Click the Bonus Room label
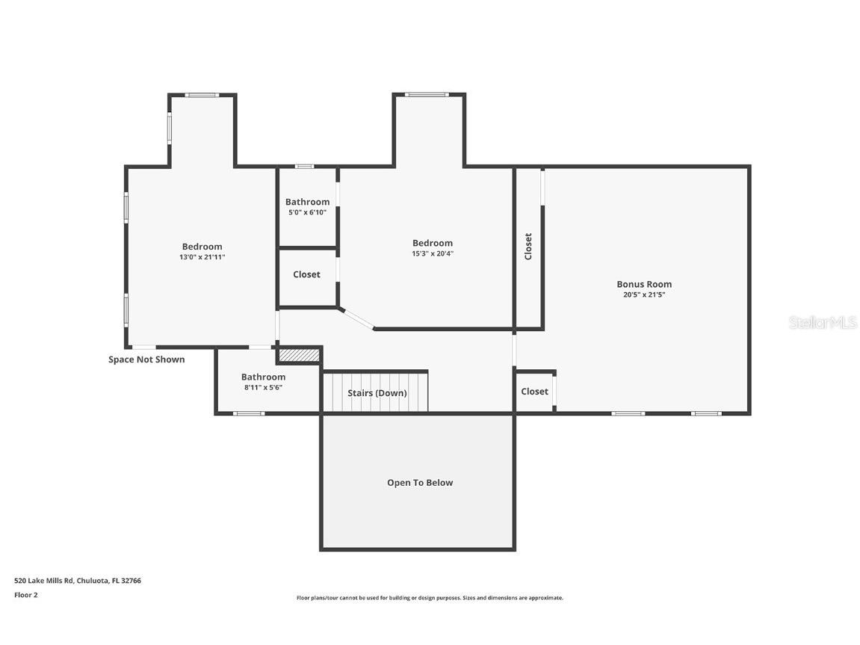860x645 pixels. click(x=643, y=284)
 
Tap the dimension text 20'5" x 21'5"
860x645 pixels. click(x=643, y=294)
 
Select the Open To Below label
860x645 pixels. click(x=419, y=483)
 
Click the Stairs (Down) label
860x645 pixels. click(x=377, y=393)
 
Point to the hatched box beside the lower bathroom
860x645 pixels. click(x=299, y=355)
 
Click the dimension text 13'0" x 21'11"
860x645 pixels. click(x=202, y=257)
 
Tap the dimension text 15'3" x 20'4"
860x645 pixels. click(x=432, y=253)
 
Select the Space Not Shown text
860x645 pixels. click(x=146, y=359)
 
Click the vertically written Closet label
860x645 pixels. click(x=528, y=246)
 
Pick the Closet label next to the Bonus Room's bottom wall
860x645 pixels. click(x=534, y=392)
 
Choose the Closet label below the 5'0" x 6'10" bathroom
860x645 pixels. click(x=306, y=275)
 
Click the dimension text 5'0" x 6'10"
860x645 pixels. click(x=307, y=212)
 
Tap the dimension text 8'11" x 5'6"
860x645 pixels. click(x=263, y=387)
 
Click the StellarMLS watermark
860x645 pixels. click(x=822, y=323)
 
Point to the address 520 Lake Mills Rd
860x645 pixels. click(x=78, y=580)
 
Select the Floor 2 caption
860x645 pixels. click(x=25, y=595)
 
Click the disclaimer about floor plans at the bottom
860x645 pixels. click(x=430, y=598)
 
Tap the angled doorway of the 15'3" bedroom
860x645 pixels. click(x=356, y=318)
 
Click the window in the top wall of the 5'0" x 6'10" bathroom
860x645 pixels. click(x=304, y=166)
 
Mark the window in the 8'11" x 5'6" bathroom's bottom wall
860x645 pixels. click(x=248, y=413)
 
